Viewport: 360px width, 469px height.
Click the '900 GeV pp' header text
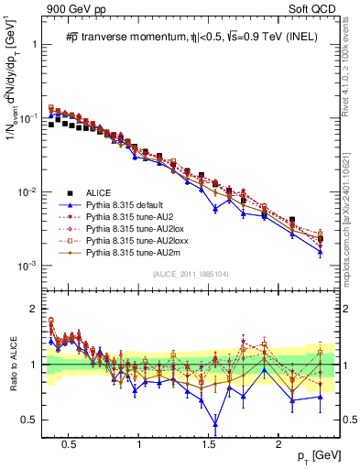coord(74,9)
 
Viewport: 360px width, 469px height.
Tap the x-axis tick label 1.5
coord(210,444)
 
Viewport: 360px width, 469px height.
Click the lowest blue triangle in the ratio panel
coord(215,423)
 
